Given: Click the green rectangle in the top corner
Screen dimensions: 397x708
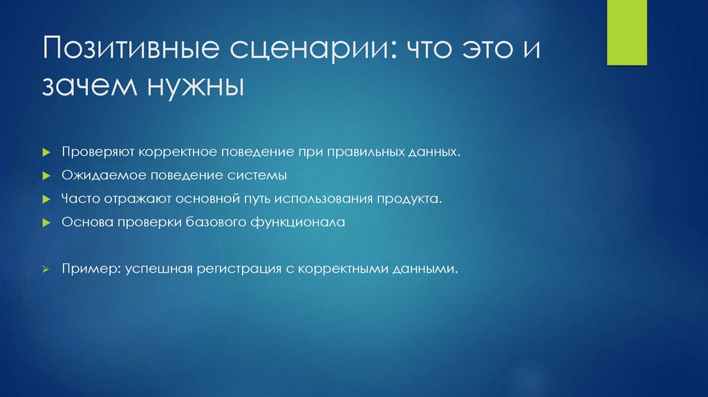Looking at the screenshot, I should coord(626,33).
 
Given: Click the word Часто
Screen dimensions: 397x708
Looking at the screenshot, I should coord(79,198).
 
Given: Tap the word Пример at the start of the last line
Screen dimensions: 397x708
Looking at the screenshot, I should coord(82,269).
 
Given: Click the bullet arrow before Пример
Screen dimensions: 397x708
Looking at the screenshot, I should coord(44,269).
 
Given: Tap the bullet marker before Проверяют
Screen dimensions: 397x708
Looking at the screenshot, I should coord(44,151).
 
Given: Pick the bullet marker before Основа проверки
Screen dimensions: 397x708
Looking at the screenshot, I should coord(44,223).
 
